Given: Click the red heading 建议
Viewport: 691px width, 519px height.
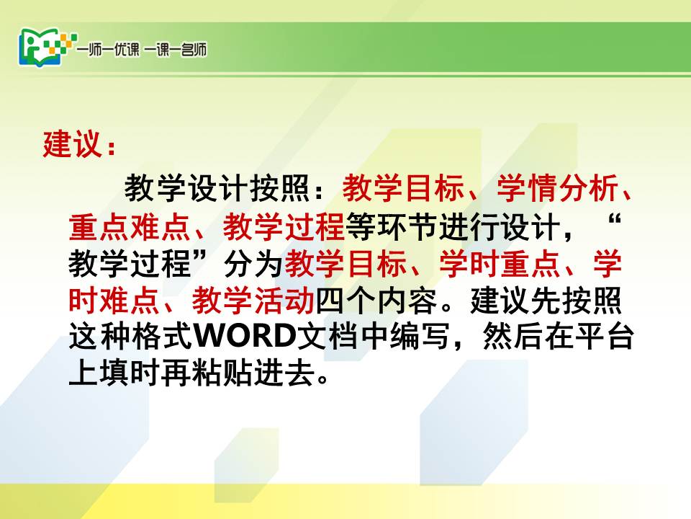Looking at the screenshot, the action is (73, 143).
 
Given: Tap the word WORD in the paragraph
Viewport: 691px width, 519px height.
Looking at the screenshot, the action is (245, 337).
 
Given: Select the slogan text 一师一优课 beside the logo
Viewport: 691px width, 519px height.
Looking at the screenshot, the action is (109, 50).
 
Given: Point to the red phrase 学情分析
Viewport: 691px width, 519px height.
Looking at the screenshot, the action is (557, 187).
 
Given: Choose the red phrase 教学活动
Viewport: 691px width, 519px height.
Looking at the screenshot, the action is (253, 301).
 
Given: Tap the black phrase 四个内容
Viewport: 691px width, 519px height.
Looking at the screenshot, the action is (376, 301).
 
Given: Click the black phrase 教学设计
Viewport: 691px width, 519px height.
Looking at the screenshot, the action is (186, 187).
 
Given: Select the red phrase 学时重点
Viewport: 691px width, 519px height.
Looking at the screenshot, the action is (500, 264).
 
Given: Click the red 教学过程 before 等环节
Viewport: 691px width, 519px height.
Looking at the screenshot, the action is (284, 226).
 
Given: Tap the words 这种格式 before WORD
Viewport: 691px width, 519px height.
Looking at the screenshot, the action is (130, 337).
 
